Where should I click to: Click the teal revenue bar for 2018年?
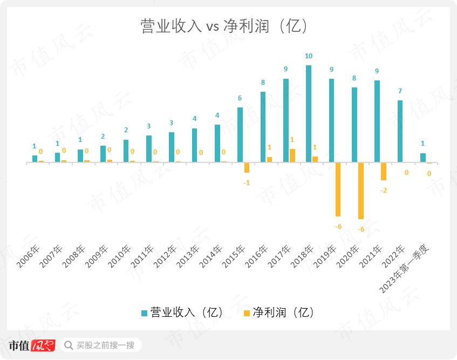[309, 113]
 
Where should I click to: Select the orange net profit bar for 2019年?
[338, 189]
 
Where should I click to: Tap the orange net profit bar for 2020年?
[360, 191]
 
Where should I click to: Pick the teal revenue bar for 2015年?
[240, 135]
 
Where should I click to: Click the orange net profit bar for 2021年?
[384, 171]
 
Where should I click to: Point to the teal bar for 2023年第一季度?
[423, 158]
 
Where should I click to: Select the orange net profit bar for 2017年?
[292, 155]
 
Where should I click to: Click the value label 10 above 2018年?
[309, 56]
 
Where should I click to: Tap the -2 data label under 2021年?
[384, 191]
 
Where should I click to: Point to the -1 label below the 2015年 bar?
[247, 183]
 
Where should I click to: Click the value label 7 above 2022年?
[400, 91]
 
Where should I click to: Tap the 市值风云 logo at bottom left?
[32, 345]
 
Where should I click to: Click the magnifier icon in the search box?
[69, 345]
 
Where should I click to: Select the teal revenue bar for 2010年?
[126, 151]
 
